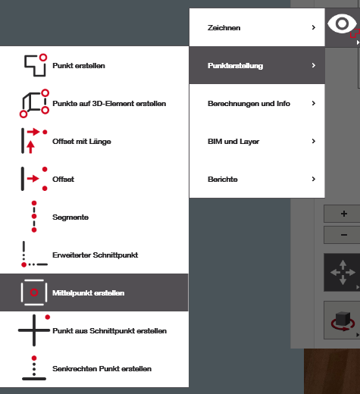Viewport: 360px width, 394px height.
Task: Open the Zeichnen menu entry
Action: [x=224, y=27]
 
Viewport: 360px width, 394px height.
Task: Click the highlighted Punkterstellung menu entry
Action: [x=235, y=66]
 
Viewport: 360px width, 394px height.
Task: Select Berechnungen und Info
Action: [x=249, y=104]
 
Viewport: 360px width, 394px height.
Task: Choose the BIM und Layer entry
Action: [x=233, y=142]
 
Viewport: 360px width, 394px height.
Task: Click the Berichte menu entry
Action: [x=223, y=180]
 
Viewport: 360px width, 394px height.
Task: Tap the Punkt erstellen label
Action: [x=79, y=66]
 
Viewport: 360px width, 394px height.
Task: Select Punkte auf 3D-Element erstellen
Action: [x=109, y=104]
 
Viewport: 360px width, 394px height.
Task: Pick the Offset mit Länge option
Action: [x=82, y=142]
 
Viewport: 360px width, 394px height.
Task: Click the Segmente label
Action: [x=70, y=217]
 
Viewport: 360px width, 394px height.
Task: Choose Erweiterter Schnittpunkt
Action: [x=95, y=255]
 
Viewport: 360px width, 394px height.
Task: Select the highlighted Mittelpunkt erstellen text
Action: [x=89, y=293]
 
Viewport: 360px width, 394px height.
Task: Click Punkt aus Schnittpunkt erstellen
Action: [x=109, y=331]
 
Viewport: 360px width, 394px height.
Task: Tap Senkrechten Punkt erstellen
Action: [x=102, y=369]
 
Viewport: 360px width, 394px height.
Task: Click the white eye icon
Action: [x=342, y=23]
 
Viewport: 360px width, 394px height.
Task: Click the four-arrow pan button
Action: [x=343, y=272]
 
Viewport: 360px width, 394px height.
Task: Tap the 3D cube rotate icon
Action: [x=343, y=321]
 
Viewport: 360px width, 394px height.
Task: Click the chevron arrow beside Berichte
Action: [x=314, y=179]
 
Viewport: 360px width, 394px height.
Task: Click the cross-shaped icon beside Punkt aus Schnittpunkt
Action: [x=34, y=330]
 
